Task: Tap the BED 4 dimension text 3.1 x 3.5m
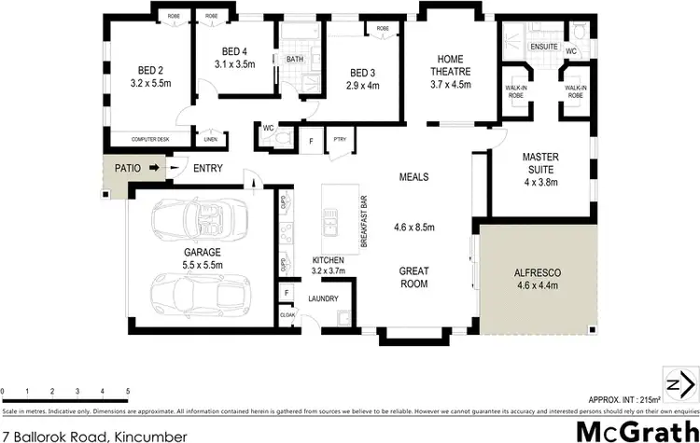(234, 64)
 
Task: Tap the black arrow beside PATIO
(154, 169)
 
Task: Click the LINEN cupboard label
(212, 140)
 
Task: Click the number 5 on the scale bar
(128, 391)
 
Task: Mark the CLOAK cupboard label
(287, 315)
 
